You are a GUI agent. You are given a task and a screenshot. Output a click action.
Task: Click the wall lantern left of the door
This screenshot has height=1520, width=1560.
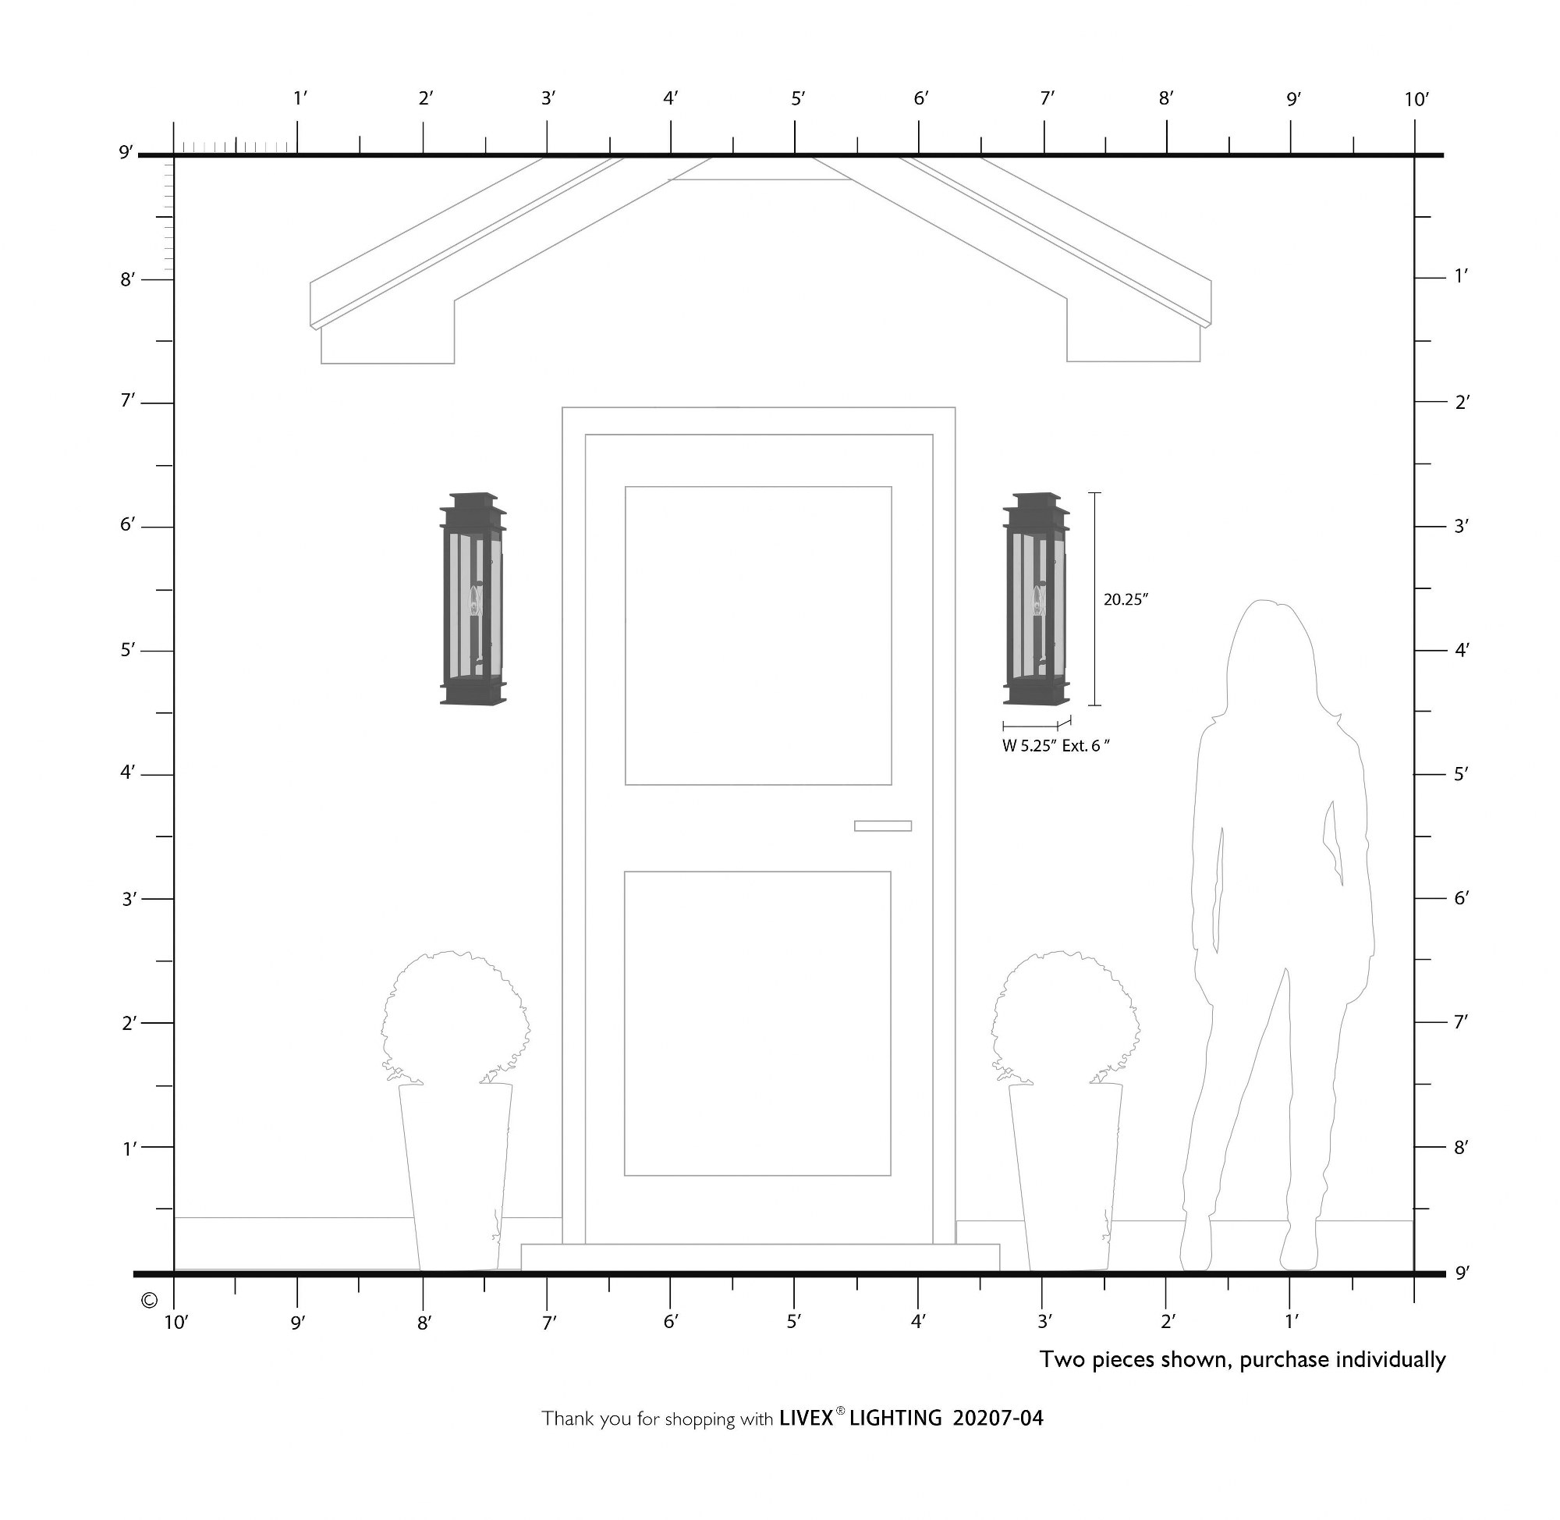[x=473, y=598]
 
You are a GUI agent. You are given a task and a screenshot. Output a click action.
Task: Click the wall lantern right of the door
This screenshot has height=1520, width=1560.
[x=1036, y=598]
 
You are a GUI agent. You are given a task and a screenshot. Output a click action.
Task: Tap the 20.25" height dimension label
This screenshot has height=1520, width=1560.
[x=1125, y=599]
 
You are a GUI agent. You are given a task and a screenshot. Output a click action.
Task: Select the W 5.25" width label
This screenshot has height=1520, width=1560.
[x=1030, y=747]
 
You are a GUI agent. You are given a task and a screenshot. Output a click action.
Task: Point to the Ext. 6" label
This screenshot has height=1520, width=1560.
[x=1086, y=747]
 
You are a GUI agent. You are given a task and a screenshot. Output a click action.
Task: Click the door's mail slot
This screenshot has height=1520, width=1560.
[x=882, y=826]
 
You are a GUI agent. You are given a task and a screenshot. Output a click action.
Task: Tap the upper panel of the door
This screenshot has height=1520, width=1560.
[x=758, y=635]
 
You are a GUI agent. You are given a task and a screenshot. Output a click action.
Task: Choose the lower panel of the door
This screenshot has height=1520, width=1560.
[x=757, y=1024]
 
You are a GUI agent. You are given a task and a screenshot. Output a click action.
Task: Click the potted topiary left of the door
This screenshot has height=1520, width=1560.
[x=456, y=1110]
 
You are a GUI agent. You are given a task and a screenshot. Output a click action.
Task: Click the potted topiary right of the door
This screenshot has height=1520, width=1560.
[x=1066, y=1110]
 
